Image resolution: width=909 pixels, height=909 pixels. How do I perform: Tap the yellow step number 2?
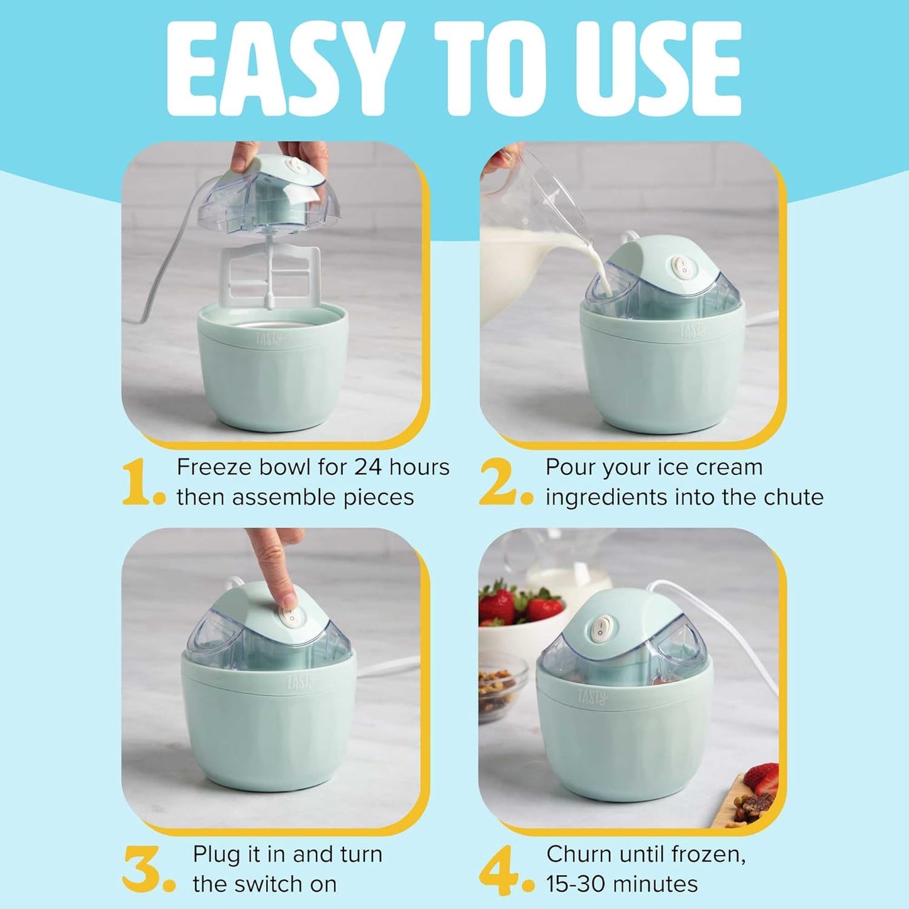coord(498,482)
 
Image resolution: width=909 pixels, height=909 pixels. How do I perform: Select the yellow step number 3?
coord(141,869)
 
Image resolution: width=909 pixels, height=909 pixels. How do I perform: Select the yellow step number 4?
coord(498,869)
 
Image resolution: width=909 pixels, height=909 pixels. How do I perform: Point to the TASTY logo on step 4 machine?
coord(592,697)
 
